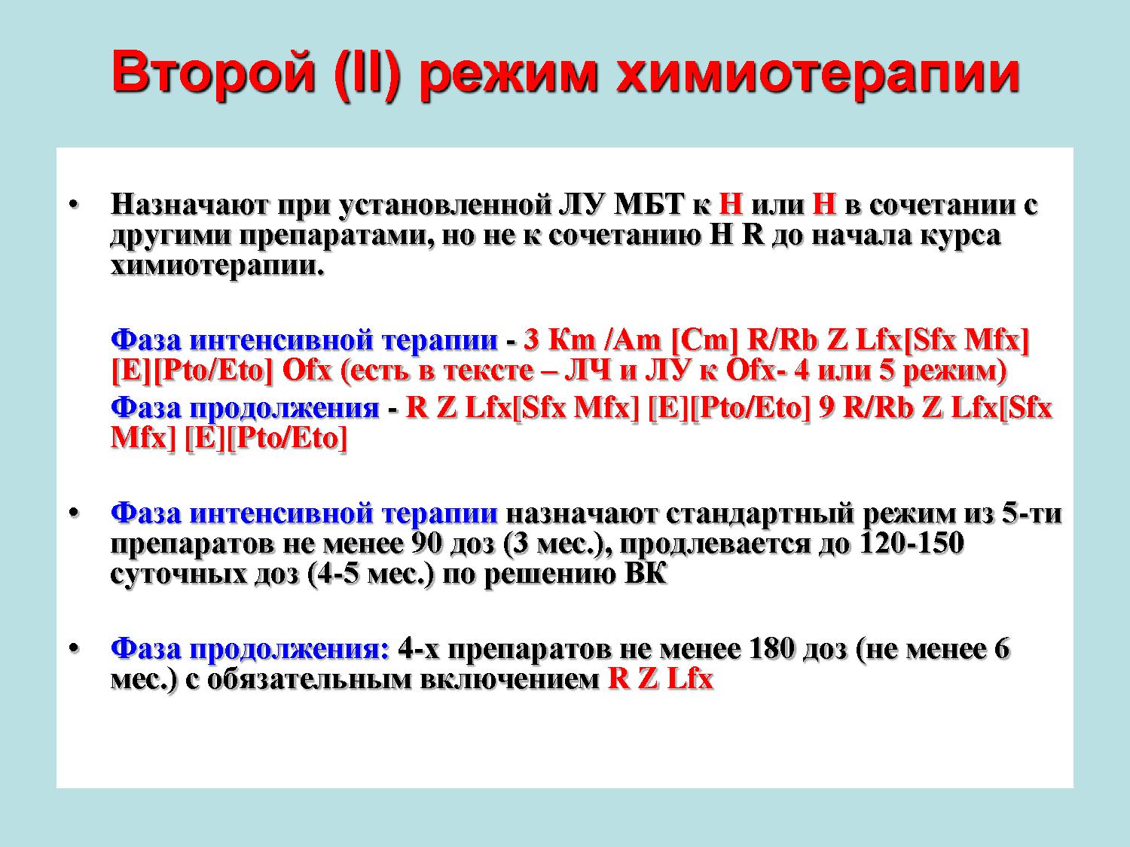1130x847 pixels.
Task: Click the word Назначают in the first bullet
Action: click(189, 204)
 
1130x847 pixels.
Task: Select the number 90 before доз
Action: click(427, 544)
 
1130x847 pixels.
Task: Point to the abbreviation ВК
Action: click(645, 574)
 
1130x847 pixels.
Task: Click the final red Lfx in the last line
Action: click(690, 679)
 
